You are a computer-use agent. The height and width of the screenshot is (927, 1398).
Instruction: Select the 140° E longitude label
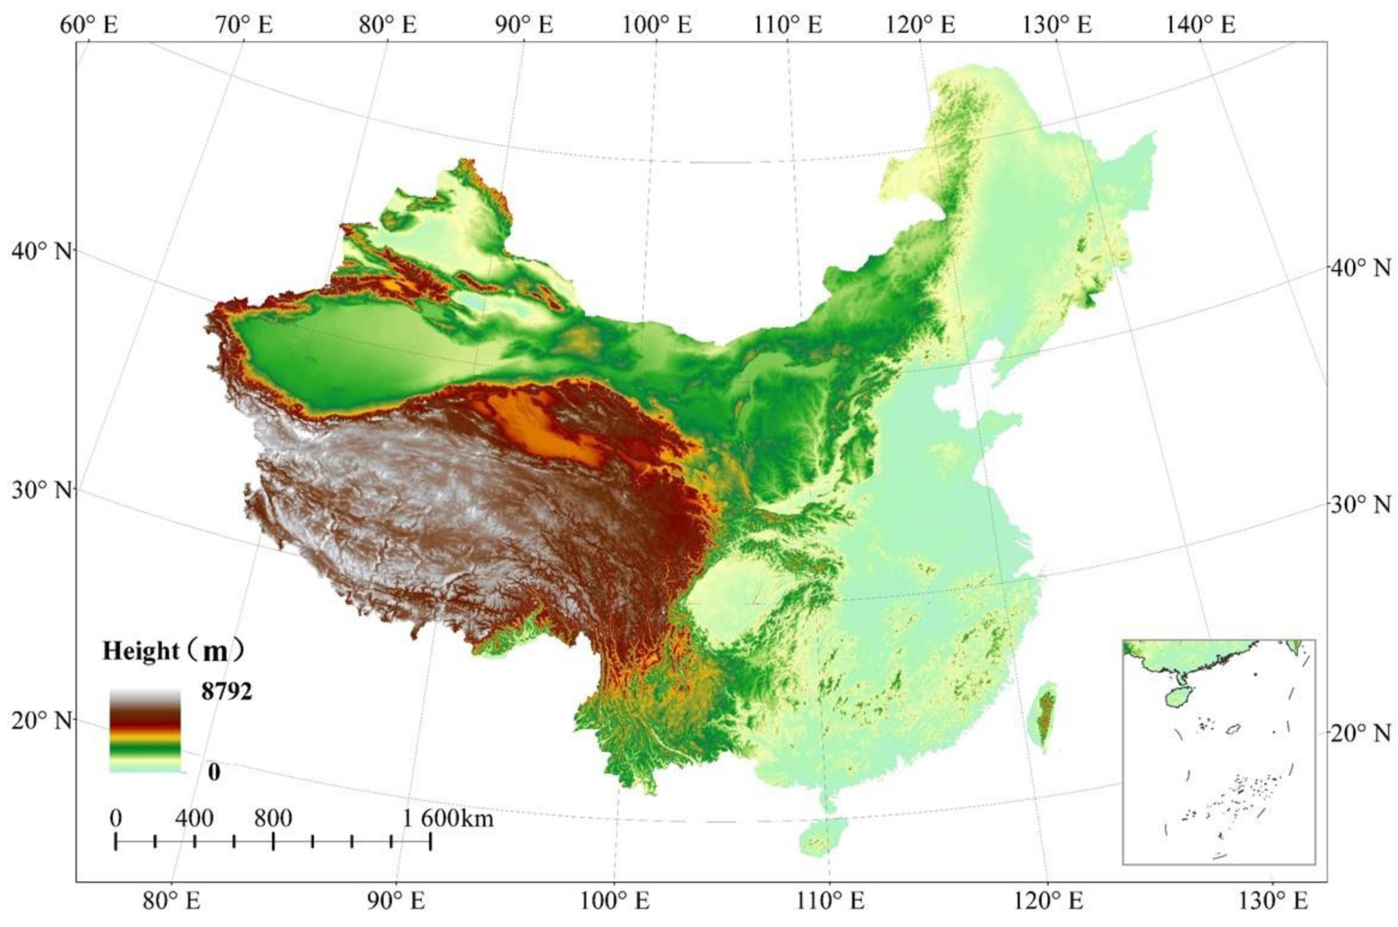(1201, 25)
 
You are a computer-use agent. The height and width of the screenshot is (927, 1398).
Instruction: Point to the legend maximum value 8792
(226, 691)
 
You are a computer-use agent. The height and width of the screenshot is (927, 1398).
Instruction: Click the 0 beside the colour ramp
(214, 771)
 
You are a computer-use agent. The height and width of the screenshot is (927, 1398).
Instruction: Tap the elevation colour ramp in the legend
(145, 731)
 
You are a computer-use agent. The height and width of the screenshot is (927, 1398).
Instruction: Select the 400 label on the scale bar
(194, 818)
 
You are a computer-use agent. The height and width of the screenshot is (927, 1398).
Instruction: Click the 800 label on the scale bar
(273, 818)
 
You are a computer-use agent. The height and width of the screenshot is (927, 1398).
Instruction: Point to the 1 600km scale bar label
(448, 819)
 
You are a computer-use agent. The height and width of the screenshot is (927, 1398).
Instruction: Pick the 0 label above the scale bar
(116, 818)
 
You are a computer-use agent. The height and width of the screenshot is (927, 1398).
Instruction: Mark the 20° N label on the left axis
(41, 721)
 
